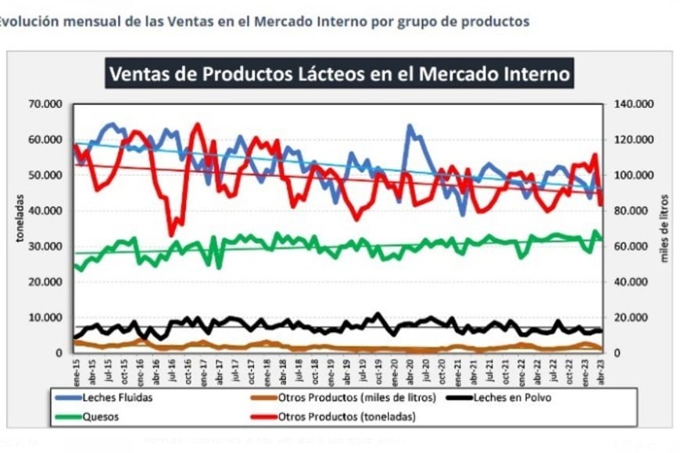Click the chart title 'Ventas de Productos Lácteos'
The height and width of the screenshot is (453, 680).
340,74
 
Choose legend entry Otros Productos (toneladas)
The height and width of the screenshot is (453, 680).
346,416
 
